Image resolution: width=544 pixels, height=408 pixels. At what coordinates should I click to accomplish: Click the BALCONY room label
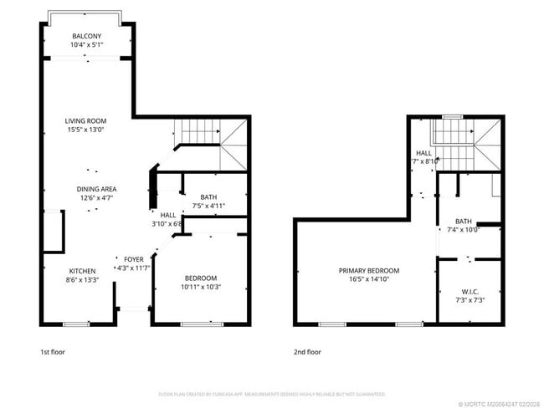pyautogui.click(x=87, y=36)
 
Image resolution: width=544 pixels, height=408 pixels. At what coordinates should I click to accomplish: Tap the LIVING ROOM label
pyautogui.click(x=87, y=120)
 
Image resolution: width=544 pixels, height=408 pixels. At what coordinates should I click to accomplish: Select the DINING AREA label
pyautogui.click(x=97, y=189)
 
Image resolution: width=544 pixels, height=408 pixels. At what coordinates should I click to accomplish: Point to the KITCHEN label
pyautogui.click(x=82, y=271)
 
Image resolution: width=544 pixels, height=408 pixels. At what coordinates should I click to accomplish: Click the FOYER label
pyautogui.click(x=134, y=259)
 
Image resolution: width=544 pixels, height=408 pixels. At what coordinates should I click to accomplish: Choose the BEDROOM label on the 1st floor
pyautogui.click(x=201, y=278)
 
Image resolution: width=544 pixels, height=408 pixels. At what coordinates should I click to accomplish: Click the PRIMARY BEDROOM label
pyautogui.click(x=369, y=271)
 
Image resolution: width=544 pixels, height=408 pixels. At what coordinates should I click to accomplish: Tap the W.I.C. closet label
pyautogui.click(x=470, y=292)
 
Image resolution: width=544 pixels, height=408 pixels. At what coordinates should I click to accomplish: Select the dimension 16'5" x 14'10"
pyautogui.click(x=369, y=280)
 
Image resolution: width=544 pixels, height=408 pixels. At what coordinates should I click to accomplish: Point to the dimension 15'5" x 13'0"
pyautogui.click(x=87, y=130)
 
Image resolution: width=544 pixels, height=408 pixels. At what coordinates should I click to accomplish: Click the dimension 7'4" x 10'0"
pyautogui.click(x=463, y=230)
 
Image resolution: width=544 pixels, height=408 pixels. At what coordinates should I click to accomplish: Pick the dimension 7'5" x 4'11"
pyautogui.click(x=208, y=206)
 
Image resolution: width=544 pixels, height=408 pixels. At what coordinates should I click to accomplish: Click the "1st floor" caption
pyautogui.click(x=52, y=352)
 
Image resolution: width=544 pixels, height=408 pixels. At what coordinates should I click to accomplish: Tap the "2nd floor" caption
pyautogui.click(x=307, y=352)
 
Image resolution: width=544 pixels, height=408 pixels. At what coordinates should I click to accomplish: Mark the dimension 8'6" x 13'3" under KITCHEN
pyautogui.click(x=82, y=280)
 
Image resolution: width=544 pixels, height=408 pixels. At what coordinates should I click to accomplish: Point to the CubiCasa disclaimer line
pyautogui.click(x=272, y=393)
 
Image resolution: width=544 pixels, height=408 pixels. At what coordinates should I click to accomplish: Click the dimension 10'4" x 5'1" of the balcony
pyautogui.click(x=87, y=45)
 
